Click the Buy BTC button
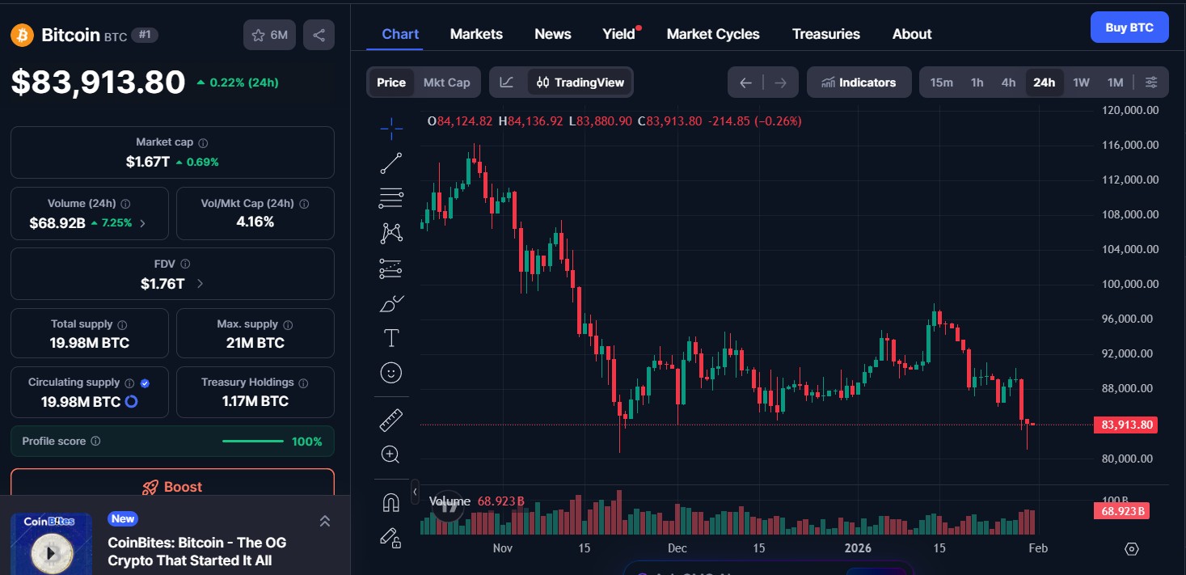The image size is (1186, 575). [1129, 27]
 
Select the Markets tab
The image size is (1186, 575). [476, 34]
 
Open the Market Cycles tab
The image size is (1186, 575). [712, 34]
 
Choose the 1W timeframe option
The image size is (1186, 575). [1081, 82]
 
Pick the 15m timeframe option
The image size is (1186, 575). [941, 82]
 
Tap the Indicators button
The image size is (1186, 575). [859, 82]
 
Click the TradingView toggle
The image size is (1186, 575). [580, 82]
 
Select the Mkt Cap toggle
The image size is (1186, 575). [446, 82]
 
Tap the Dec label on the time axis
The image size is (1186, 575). [677, 548]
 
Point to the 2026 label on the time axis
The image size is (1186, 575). [859, 548]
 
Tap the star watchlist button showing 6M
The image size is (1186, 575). [269, 35]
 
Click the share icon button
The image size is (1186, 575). [319, 35]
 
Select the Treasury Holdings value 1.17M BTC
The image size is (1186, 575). [255, 401]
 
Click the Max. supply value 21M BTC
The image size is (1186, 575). [255, 343]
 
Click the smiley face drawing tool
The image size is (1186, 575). [390, 372]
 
